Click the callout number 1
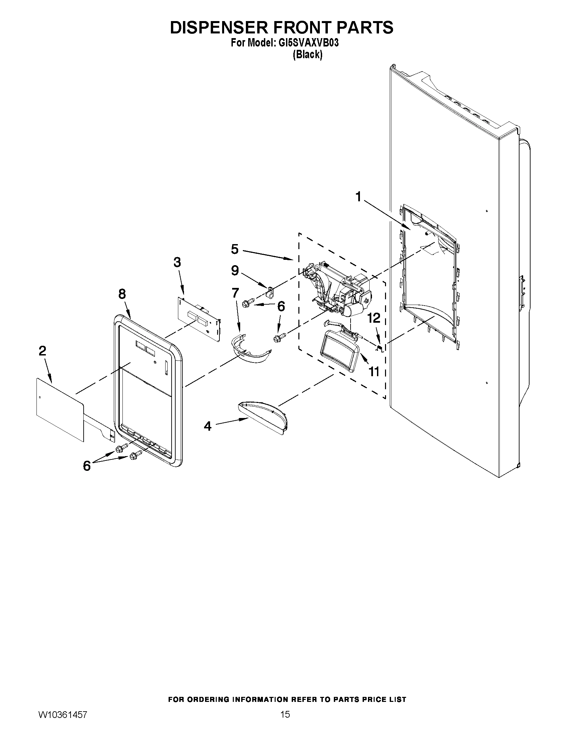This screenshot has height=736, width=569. coord(359,197)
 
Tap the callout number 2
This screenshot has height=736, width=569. coord(42,351)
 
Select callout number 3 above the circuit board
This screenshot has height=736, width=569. coord(177,262)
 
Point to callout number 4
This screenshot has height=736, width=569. coord(208,426)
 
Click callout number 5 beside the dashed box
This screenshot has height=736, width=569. coord(234,249)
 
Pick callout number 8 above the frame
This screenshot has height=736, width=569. coord(122,294)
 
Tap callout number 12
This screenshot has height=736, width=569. coord(374,318)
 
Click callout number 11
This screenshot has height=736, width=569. coord(374,372)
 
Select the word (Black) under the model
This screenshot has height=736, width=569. coord(307,55)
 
